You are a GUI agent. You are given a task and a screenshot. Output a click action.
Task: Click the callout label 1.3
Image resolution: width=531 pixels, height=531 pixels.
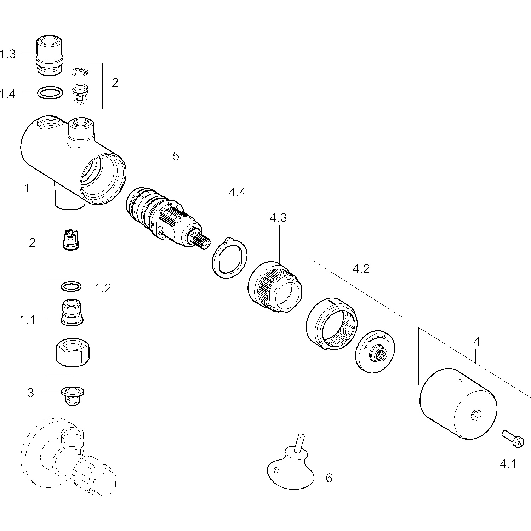[8, 54]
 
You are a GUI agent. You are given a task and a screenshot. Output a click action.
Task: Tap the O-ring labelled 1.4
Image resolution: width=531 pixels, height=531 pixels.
[51, 93]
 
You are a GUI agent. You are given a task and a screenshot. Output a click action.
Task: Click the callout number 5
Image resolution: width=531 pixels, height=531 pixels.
[176, 156]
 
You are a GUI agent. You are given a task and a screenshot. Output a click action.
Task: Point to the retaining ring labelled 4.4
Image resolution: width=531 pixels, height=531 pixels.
[229, 258]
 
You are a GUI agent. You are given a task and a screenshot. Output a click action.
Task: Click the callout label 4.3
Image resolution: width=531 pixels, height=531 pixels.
[278, 218]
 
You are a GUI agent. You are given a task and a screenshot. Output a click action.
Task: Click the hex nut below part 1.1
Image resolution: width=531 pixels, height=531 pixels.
[73, 351]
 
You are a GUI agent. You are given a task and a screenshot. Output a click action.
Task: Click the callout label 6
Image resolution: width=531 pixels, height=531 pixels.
[329, 478]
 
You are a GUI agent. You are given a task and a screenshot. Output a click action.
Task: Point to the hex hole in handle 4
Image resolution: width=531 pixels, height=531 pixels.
[477, 415]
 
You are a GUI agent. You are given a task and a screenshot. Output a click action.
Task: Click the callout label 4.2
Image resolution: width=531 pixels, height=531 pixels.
[361, 269]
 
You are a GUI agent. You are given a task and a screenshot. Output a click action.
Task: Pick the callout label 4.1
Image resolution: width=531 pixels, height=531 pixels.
[508, 463]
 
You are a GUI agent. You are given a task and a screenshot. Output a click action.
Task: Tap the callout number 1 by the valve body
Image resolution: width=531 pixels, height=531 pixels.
[27, 188]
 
